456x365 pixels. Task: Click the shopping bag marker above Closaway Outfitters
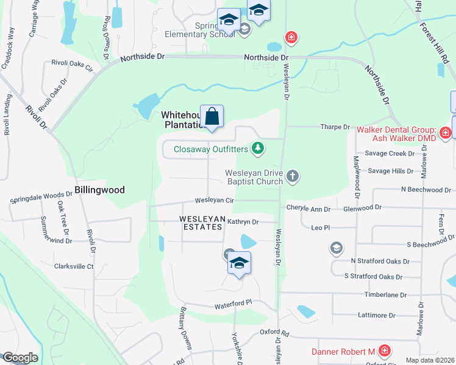tap(212, 116)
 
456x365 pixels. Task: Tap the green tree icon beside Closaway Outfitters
tap(258, 148)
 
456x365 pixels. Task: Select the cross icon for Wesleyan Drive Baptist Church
tap(293, 176)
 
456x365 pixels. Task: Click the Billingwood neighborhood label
tap(99, 190)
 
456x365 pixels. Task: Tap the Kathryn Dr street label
tap(243, 222)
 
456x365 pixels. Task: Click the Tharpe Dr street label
tap(335, 127)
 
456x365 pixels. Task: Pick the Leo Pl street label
tap(320, 227)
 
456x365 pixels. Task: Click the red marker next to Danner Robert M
tap(384, 351)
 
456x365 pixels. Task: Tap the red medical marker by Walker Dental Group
tap(445, 131)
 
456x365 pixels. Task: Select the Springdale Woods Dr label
tap(41, 198)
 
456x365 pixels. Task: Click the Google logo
tap(20, 358)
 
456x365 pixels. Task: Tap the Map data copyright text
tap(430, 360)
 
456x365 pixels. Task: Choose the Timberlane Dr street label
tap(385, 294)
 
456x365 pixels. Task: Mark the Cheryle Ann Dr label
tap(308, 209)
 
